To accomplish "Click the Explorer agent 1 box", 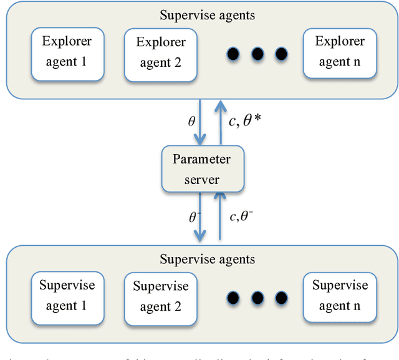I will coord(66,52).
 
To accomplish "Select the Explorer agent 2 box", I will coord(161,52).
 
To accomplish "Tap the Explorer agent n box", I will coord(339,52).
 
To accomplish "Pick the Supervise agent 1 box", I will coord(66,296).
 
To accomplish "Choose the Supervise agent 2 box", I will coord(161,296).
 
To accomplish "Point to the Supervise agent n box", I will coord(339,296).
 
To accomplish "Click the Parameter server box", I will coord(201,169).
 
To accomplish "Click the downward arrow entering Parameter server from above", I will coord(200,121).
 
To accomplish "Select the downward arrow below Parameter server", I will coord(200,216).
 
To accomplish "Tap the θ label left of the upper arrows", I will coord(191,120).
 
